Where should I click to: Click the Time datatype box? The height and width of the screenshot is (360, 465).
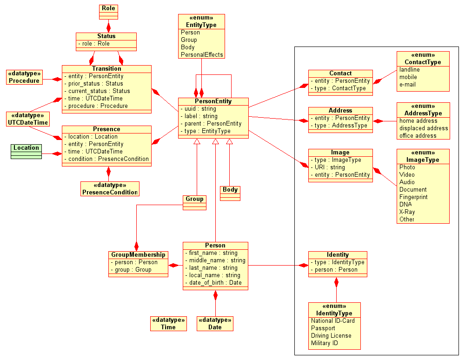168,324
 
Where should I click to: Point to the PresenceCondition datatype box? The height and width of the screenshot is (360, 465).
110,189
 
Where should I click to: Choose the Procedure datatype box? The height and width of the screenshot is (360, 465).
24,77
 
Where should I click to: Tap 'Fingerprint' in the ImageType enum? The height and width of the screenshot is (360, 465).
413,197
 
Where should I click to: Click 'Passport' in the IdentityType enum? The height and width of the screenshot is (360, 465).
323,328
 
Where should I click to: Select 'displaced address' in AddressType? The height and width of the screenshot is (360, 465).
424,128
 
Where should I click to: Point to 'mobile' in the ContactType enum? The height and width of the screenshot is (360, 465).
408,77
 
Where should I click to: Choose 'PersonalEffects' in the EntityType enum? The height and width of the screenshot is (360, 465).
202,55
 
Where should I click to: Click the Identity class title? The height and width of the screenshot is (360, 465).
338,255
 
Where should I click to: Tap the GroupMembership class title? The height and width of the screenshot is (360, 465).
138,255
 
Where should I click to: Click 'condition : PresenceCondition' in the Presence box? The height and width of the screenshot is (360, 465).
108,159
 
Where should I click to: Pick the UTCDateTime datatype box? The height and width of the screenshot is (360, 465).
28,119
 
